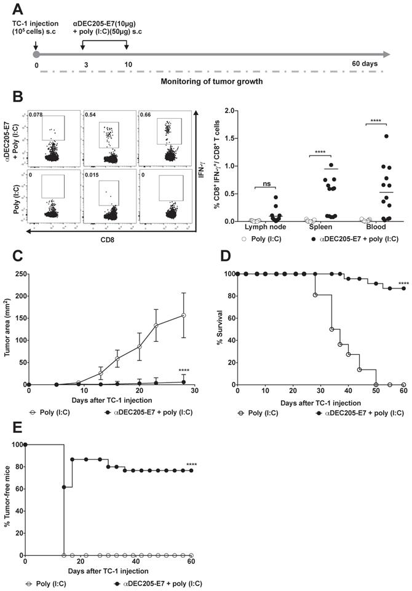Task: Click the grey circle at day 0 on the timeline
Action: [37, 54]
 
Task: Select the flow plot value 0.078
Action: [36, 114]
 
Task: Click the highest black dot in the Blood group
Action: [386, 136]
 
